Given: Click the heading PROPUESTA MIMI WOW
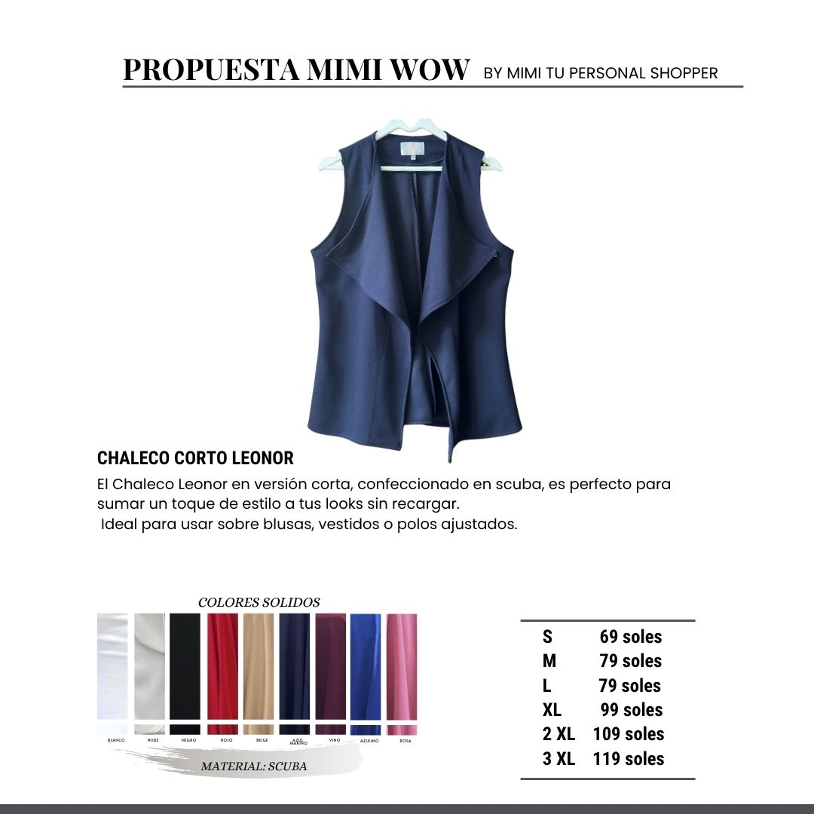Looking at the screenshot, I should coord(295,69).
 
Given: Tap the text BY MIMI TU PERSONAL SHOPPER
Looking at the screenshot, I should coord(600,73).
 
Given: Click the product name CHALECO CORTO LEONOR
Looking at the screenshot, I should coord(195,458).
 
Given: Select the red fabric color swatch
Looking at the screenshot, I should coord(222,666).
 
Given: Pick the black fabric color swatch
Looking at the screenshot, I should coord(185,666).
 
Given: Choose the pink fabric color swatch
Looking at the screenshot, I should coord(402,666).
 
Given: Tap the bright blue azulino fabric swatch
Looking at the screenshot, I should coord(366,666).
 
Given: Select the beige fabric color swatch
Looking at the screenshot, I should coord(259,666).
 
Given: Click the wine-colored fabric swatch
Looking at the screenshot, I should coord(330,666).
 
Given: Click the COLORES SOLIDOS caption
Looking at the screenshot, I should coord(259,603).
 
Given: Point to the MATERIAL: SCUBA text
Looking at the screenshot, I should coord(253,767).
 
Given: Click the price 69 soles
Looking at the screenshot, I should coord(630,637).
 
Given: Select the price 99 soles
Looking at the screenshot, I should coord(631,710).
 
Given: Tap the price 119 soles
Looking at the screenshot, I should coord(629,759).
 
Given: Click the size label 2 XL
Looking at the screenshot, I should coord(558,734).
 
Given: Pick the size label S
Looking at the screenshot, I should coord(547,637).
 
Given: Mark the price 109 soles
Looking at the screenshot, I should coord(629,734).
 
